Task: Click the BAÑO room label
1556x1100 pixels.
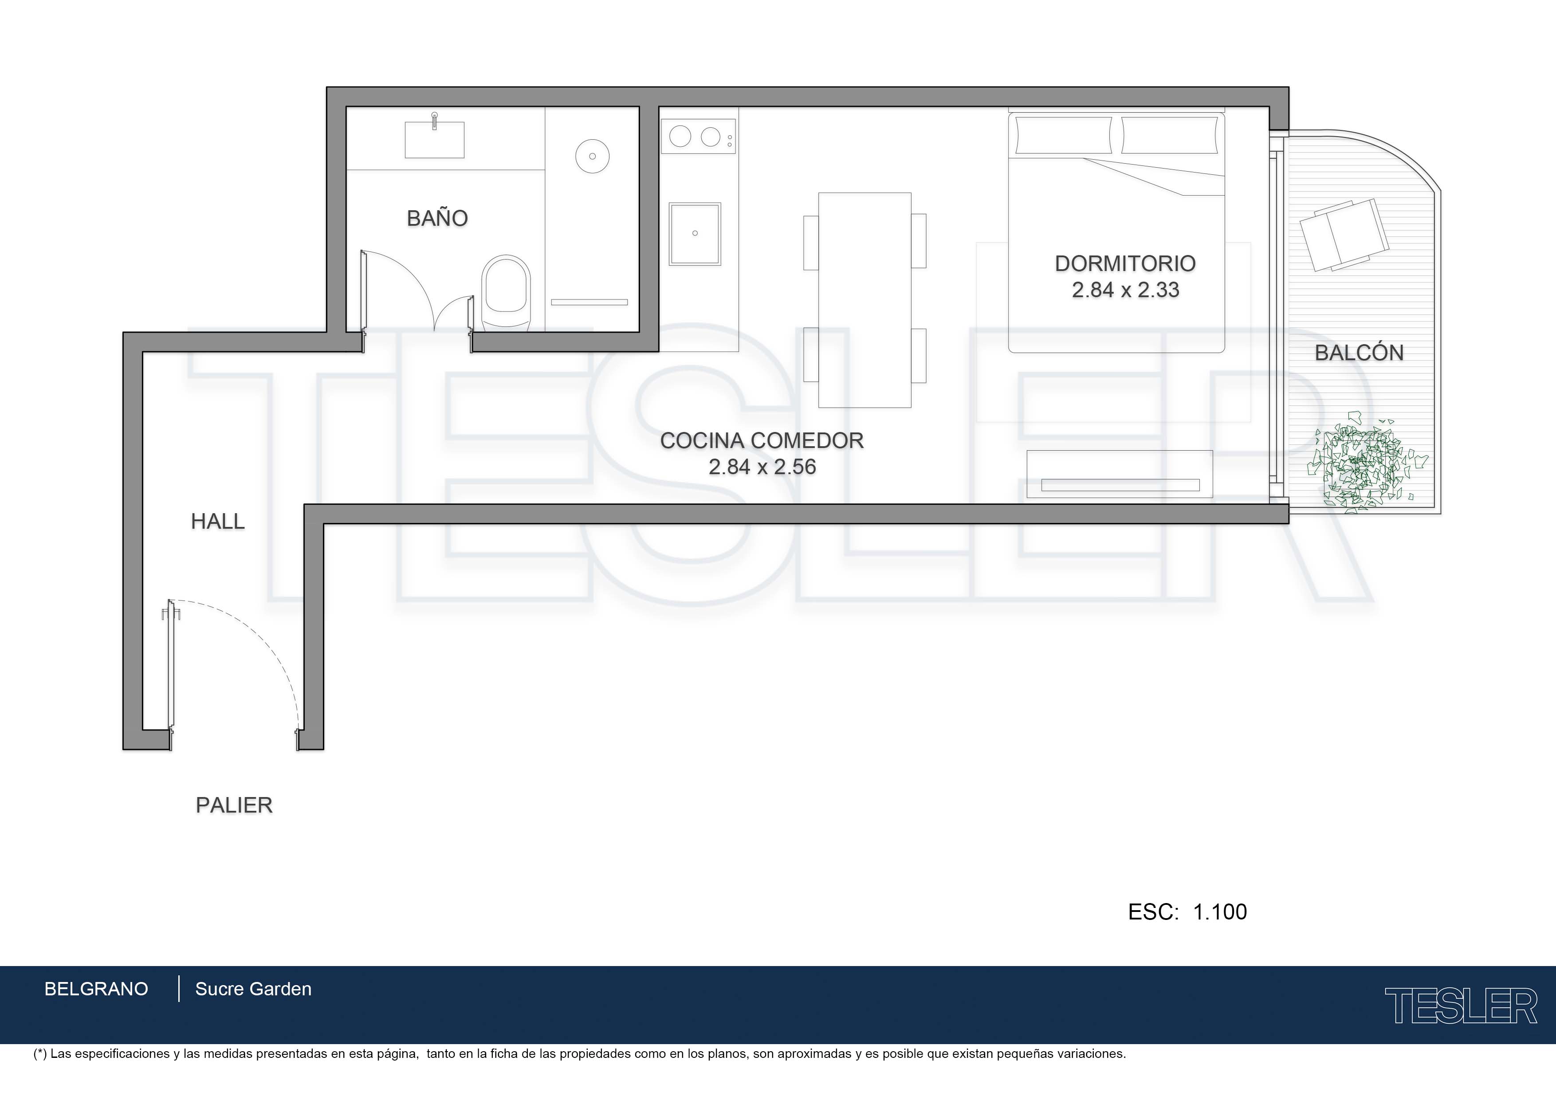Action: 437,218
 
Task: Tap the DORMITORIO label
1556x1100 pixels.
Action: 1125,263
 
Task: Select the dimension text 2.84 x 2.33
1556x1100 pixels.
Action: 1125,290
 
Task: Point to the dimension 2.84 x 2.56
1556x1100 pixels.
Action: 762,467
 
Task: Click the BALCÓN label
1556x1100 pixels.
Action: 1359,353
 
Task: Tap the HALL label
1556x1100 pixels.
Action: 217,521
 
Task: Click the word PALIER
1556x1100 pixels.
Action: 234,805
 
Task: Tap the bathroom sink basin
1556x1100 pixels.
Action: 434,140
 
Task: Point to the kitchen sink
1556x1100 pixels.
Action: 695,234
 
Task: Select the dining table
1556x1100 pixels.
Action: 865,300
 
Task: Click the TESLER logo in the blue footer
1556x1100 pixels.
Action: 1461,1006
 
